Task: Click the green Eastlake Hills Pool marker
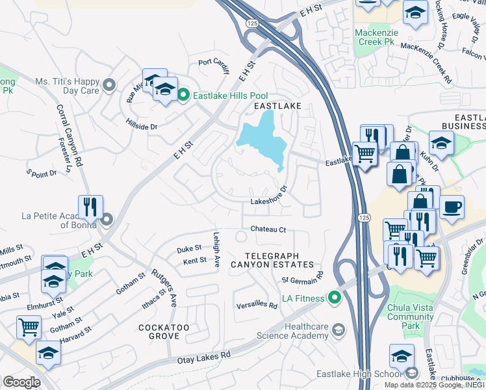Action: pos(183,96)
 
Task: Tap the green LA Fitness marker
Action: pos(335,298)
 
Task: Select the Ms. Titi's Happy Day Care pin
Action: pos(109,84)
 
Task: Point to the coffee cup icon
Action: pos(452,207)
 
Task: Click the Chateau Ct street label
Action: pos(268,229)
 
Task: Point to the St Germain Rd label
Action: pos(303,277)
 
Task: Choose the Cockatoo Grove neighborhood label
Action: pos(159,331)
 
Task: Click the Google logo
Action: pos(21,382)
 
